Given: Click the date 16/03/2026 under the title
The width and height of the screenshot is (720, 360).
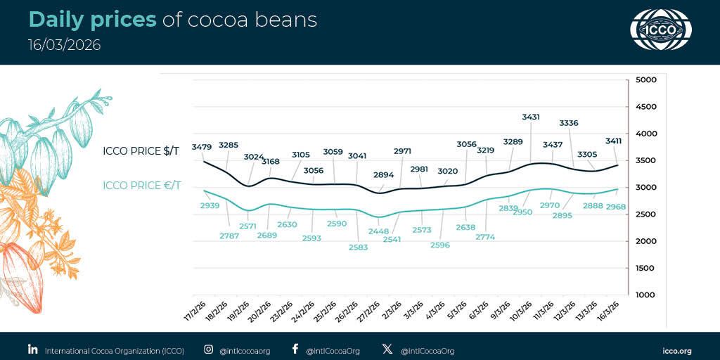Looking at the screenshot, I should pos(64,45).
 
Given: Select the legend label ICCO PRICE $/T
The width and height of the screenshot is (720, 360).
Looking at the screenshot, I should pos(141,150).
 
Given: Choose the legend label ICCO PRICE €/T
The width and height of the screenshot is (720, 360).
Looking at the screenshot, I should pos(141,186).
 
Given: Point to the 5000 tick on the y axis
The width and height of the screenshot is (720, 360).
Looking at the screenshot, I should pos(645,80).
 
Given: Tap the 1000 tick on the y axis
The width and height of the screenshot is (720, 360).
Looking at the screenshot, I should pos(645,295).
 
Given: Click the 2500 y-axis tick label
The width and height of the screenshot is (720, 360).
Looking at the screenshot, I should pos(645,214).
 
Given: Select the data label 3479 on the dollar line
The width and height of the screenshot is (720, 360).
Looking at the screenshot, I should pos(202,146).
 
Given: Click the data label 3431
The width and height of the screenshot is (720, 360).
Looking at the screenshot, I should pos(531,117).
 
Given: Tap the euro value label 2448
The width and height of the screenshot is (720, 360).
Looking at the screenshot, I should pos(378,230).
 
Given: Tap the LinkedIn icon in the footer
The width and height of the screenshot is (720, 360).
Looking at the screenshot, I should pos(32,349).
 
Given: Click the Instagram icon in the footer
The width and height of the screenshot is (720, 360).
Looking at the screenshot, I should pos(208,349).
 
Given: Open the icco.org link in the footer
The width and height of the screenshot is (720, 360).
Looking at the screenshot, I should pos(677,350).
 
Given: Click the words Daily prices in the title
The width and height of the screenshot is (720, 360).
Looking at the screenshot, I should pos(92,20).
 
